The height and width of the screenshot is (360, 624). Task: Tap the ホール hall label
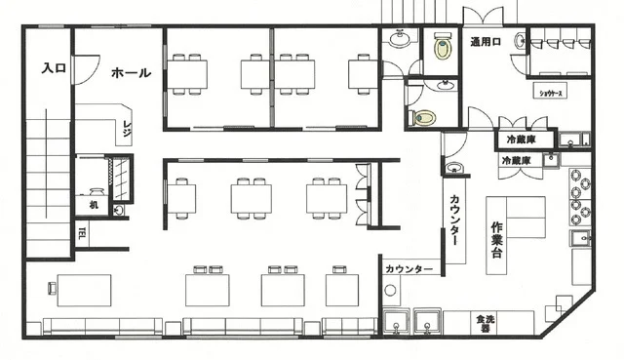(131, 73)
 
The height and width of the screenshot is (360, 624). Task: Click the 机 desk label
(94, 206)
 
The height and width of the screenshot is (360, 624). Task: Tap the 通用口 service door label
(486, 42)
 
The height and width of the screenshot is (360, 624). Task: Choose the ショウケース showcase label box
(555, 94)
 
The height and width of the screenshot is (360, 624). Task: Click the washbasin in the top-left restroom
(400, 39)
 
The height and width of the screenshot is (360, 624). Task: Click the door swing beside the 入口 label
(86, 68)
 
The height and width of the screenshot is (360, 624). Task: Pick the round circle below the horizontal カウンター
(391, 290)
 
